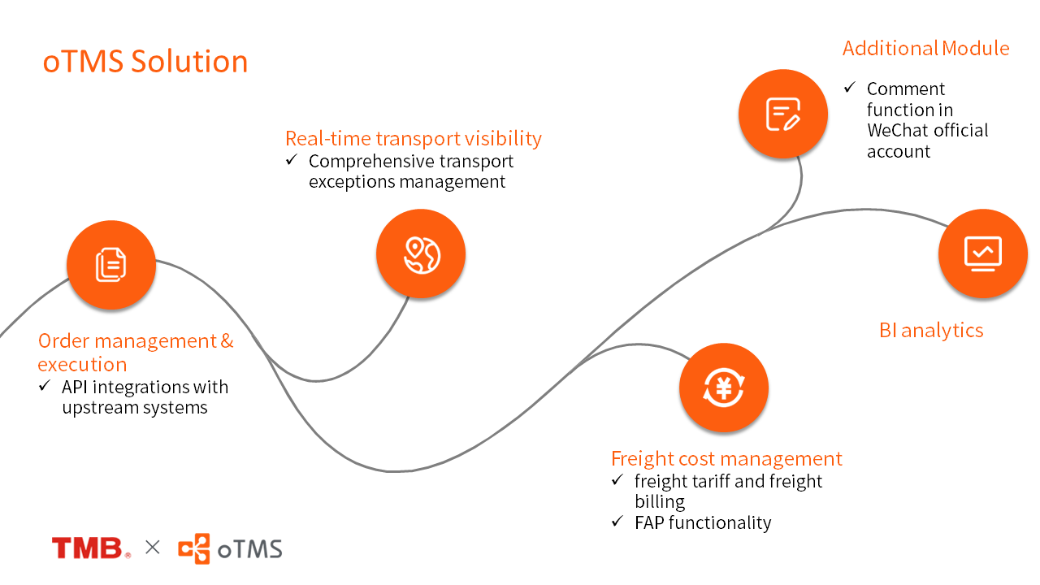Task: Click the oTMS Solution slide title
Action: pos(145,62)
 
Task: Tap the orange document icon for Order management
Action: pos(111,265)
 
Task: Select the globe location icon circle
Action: pos(421,254)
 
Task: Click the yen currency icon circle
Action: pos(723,388)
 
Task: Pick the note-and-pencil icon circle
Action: pos(783,114)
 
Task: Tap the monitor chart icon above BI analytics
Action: pos(982,253)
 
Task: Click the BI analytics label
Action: pos(931,330)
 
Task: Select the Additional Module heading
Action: pos(925,48)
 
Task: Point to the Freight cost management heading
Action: pos(726,458)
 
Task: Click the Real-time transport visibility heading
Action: pos(413,138)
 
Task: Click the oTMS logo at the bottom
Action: pos(231,548)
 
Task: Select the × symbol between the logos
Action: pos(153,548)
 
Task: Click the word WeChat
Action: pos(898,131)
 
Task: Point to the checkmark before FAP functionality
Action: pos(617,522)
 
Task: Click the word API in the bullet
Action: pos(74,387)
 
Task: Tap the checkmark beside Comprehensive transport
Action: pos(292,161)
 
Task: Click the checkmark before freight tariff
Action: pos(617,481)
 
